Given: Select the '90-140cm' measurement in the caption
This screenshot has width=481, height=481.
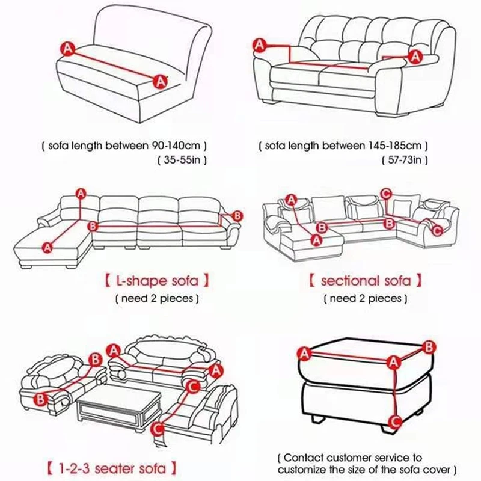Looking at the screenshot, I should point(175,146).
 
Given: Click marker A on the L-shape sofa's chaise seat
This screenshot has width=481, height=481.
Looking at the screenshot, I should point(47,245).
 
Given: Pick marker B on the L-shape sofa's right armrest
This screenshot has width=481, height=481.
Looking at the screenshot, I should point(237,215).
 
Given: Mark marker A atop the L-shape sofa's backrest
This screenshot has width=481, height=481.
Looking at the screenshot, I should point(81,192).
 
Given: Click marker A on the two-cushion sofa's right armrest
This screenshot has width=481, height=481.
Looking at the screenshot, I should point(414,57).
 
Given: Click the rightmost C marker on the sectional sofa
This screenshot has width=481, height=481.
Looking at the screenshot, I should point(437,230).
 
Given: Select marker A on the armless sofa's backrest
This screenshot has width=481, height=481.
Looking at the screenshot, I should point(67,47).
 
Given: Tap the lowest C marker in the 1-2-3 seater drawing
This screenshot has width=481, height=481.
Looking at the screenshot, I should point(156,429).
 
